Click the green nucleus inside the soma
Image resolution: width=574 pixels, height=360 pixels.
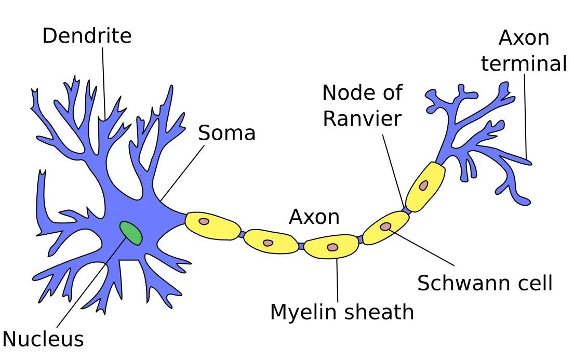click(131, 233)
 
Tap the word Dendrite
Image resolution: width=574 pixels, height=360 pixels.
click(87, 36)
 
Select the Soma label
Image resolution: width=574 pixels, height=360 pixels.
click(227, 133)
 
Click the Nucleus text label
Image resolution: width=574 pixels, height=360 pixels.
click(43, 339)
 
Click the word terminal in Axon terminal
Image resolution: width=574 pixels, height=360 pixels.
click(523, 63)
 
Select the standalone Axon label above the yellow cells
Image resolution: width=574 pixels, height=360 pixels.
click(314, 216)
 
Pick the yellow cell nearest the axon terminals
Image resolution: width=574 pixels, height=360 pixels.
click(425, 186)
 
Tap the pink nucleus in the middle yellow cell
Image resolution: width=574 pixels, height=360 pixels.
click(332, 247)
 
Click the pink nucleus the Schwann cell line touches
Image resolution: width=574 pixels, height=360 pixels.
click(385, 226)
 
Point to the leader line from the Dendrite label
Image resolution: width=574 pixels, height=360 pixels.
click(104, 83)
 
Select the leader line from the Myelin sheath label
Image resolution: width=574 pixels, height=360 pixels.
click(337, 281)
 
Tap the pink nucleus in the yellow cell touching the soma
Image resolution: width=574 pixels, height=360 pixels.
click(204, 221)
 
